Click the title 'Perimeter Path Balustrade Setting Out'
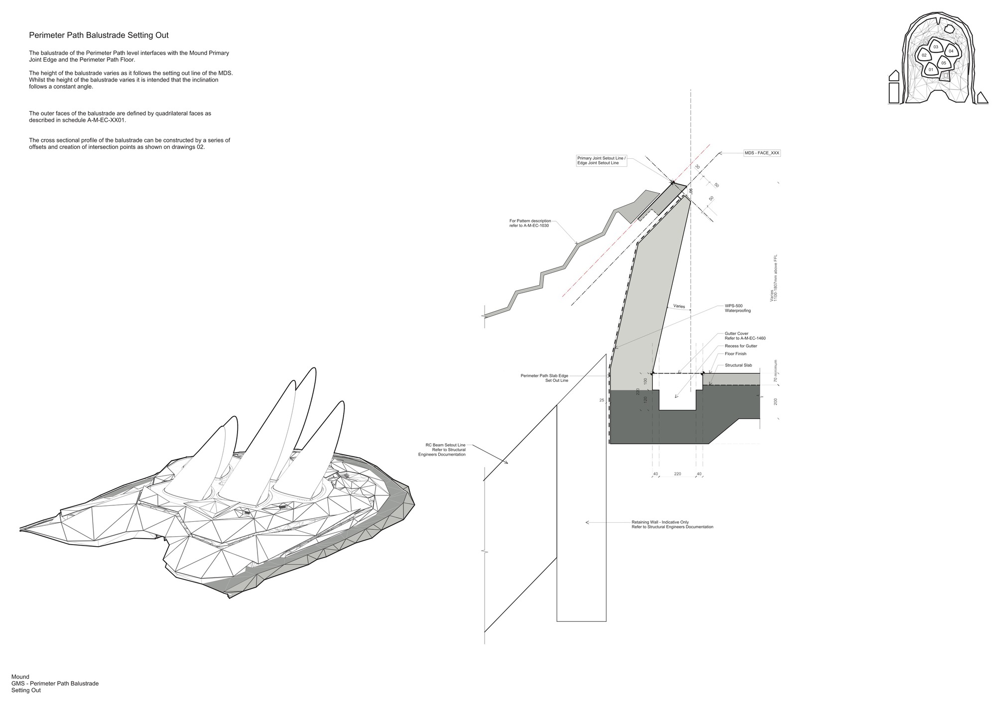tap(99, 35)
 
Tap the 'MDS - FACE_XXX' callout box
tap(762, 153)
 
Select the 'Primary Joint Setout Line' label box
tap(601, 161)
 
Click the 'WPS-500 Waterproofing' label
tap(738, 308)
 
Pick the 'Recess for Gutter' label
tap(741, 346)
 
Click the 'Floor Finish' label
tap(736, 354)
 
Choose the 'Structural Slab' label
tap(738, 365)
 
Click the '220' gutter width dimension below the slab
tap(677, 474)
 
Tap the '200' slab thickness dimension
tap(775, 401)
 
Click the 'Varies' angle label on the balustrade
tap(679, 306)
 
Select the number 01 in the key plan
tap(931, 70)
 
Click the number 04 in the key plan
tap(951, 51)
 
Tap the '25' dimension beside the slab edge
tap(602, 400)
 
